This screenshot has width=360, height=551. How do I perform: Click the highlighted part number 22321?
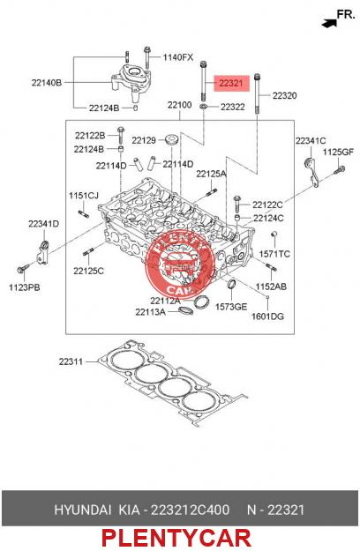pos(231,83)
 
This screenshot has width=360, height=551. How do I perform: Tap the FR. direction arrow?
pos(329,24)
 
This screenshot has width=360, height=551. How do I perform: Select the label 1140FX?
pos(178,57)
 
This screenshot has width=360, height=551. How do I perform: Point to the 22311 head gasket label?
pos(71,361)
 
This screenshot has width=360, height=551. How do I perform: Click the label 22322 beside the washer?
pos(233,107)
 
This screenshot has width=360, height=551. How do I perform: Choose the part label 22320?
pos(284,95)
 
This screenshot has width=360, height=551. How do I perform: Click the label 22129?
pos(144,140)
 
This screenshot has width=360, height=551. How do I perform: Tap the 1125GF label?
pos(338,153)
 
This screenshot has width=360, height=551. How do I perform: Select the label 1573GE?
pos(231,307)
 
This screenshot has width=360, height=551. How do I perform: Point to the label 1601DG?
pos(267,316)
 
